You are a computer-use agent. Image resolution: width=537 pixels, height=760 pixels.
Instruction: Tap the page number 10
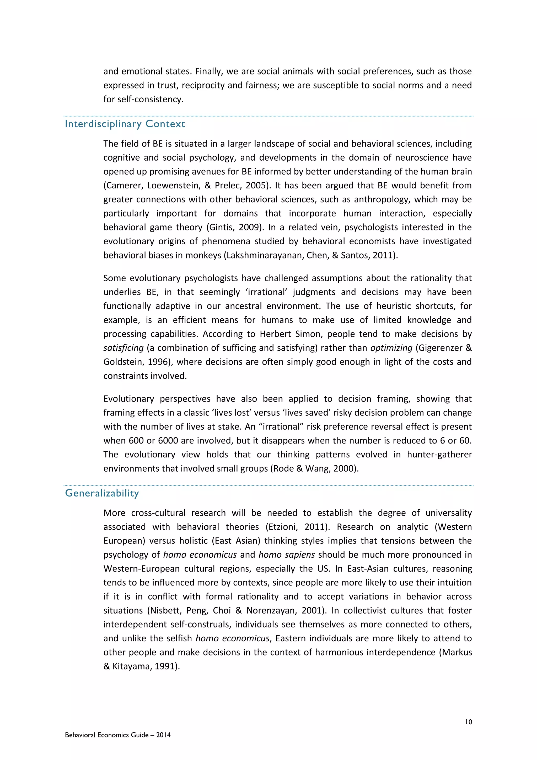point(468,722)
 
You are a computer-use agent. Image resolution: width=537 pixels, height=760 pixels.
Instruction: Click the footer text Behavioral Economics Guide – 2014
point(118,735)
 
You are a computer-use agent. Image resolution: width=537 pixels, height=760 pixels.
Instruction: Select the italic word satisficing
point(123,348)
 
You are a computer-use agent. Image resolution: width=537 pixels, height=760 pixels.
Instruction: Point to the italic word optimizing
point(391,348)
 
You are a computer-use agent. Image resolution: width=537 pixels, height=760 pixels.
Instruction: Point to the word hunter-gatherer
point(439,455)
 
